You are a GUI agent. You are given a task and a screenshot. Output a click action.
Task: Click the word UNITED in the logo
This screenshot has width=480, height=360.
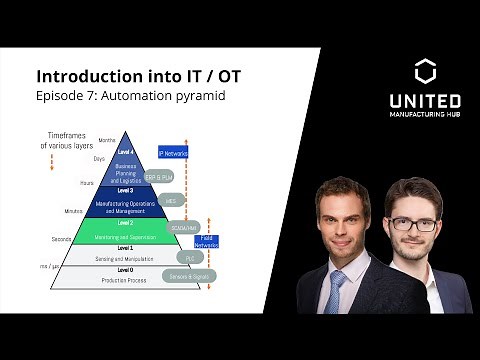coord(424,102)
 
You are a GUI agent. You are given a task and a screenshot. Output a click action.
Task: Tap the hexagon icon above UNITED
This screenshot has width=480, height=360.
coord(424,72)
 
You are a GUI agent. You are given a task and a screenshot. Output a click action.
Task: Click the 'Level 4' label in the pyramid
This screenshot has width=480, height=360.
coord(125,152)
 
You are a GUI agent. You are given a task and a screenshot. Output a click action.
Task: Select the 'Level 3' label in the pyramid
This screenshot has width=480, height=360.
coord(125,189)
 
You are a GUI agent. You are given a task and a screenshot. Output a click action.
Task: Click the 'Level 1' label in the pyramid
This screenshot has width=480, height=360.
coord(125,246)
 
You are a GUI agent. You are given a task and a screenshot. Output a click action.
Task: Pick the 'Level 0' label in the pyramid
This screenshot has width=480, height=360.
coord(125,269)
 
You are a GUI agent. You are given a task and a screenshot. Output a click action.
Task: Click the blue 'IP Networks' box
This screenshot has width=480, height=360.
coord(173,154)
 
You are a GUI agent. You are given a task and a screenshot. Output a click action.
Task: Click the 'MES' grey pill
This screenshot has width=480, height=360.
coord(171,200)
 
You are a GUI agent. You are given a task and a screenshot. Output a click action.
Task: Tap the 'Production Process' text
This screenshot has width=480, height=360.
coord(125,281)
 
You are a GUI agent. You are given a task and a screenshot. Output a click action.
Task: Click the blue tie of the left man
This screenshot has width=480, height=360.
coord(336,291)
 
